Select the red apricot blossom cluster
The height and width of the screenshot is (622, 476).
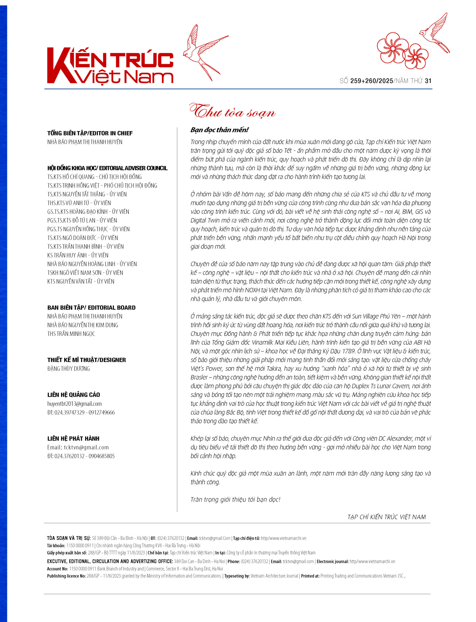[x=402, y=51]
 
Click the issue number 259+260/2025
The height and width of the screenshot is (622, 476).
[x=372, y=81]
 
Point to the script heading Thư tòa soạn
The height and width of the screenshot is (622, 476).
[x=232, y=112]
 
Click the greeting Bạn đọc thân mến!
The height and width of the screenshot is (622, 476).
[x=219, y=130]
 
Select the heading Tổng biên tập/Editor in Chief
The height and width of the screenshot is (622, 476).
[x=90, y=133]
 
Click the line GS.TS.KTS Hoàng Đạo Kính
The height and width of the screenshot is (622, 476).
[x=88, y=212]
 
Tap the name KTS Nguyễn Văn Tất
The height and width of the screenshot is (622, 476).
[x=81, y=282]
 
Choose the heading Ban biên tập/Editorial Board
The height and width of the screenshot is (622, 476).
[x=91, y=308]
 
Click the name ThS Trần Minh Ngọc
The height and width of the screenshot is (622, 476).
[x=71, y=334]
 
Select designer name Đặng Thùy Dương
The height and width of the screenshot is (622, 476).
[x=69, y=369]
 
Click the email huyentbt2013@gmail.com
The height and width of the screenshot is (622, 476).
[x=74, y=404]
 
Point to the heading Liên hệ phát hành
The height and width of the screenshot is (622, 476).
[x=73, y=439]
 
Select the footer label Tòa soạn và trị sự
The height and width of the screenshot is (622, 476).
[x=69, y=538]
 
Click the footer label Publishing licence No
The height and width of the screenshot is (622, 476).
[x=66, y=576]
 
